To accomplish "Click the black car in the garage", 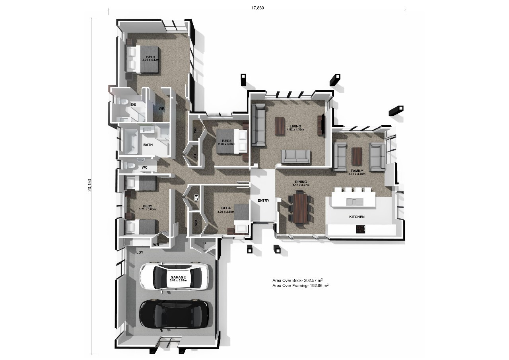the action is coord(174,314).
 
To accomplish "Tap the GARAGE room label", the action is coord(178,277).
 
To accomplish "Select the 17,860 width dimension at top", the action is coord(258,8).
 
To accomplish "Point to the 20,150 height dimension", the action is coord(90,185).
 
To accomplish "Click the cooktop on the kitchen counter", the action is coord(361,229).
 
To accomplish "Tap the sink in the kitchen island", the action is coord(355,201).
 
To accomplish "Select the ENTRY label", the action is coord(263,200).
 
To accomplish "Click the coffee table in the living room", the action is coord(280,126).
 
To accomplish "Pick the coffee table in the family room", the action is coord(357,156).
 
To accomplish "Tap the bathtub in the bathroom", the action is coord(130,141).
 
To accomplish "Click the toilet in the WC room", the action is coord(130,165).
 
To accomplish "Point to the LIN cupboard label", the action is coord(196,197).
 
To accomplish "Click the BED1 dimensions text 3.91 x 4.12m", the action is coord(151,60).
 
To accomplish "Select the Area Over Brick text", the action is coord(298,280).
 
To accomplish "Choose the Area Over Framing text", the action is coord(300,286).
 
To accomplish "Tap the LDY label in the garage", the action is coord(140,252).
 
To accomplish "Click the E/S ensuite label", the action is coord(133,105).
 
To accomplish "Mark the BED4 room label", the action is coord(226,208).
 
